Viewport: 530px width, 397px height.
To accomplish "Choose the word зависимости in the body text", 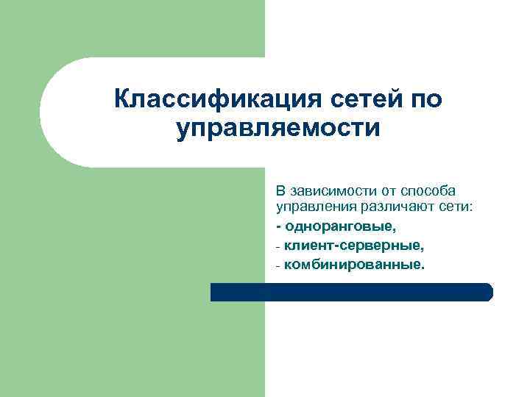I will pyautogui.click(x=328, y=191).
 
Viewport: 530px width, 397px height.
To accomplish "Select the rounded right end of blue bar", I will pyautogui.click(x=487, y=292).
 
